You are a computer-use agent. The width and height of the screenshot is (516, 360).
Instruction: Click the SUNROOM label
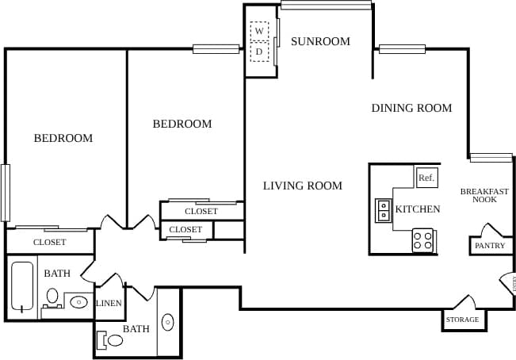319,41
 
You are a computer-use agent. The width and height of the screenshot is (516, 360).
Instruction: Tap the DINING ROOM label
411,108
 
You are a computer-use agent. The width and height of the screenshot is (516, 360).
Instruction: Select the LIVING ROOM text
303,186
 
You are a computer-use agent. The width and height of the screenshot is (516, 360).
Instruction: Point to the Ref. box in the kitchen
426,178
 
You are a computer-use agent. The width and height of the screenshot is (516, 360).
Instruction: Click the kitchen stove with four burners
423,240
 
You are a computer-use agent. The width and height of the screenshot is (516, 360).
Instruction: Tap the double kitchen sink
384,210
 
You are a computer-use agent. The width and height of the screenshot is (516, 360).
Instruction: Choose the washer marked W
259,31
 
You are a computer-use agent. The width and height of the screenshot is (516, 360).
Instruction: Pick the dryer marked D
259,52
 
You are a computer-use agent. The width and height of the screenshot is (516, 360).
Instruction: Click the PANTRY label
489,246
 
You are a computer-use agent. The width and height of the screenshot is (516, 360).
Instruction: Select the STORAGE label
462,320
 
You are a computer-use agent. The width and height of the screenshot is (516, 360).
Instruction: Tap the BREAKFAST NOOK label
484,195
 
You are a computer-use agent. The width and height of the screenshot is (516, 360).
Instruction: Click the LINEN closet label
108,304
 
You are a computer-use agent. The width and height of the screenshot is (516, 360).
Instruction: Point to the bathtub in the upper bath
23,286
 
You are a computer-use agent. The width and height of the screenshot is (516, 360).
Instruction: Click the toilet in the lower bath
112,341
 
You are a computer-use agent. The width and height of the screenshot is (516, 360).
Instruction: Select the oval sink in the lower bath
168,322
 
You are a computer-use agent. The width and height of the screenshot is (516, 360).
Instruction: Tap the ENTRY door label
512,283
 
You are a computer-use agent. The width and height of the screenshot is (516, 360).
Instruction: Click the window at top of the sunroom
326,6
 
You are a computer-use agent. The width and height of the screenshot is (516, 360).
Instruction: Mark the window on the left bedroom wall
5,192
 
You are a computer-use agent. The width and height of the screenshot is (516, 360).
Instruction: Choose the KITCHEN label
418,209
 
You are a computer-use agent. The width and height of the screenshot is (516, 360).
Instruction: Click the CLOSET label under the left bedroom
49,242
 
